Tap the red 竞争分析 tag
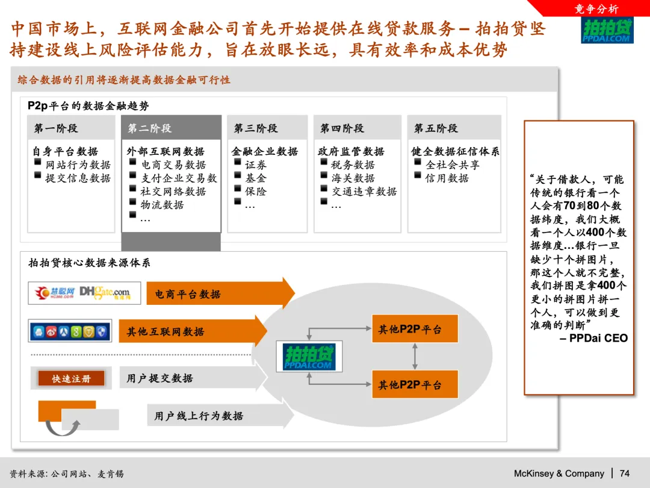point(596,8)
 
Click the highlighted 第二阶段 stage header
point(150,128)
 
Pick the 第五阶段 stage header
point(436,128)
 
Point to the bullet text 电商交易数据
point(173,165)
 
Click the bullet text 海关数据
point(353,178)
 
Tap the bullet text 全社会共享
point(453,165)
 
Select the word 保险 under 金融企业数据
point(255,192)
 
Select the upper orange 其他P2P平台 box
point(415,329)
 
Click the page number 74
point(624,474)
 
